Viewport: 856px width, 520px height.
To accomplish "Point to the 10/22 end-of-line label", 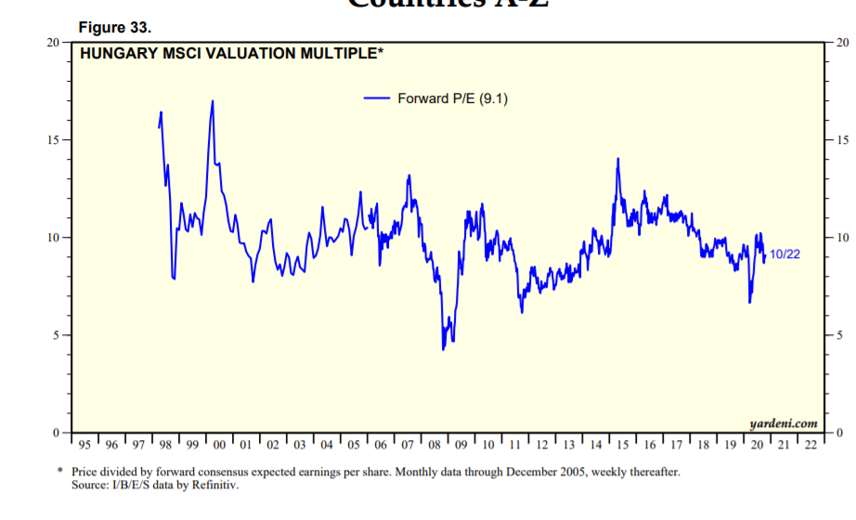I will point(785,253).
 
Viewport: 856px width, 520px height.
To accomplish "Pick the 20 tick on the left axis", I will point(53,43).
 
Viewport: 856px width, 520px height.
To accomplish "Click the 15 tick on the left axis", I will point(53,140).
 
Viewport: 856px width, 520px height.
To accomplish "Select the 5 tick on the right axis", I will point(840,335).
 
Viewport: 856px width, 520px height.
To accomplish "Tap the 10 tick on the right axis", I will point(842,238).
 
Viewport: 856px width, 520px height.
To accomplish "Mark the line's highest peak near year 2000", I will point(213,101).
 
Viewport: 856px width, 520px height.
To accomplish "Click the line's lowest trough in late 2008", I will point(444,349).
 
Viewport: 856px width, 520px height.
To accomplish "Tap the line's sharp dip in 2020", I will point(749,302).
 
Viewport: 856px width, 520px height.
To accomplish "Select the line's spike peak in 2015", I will point(617,159).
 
